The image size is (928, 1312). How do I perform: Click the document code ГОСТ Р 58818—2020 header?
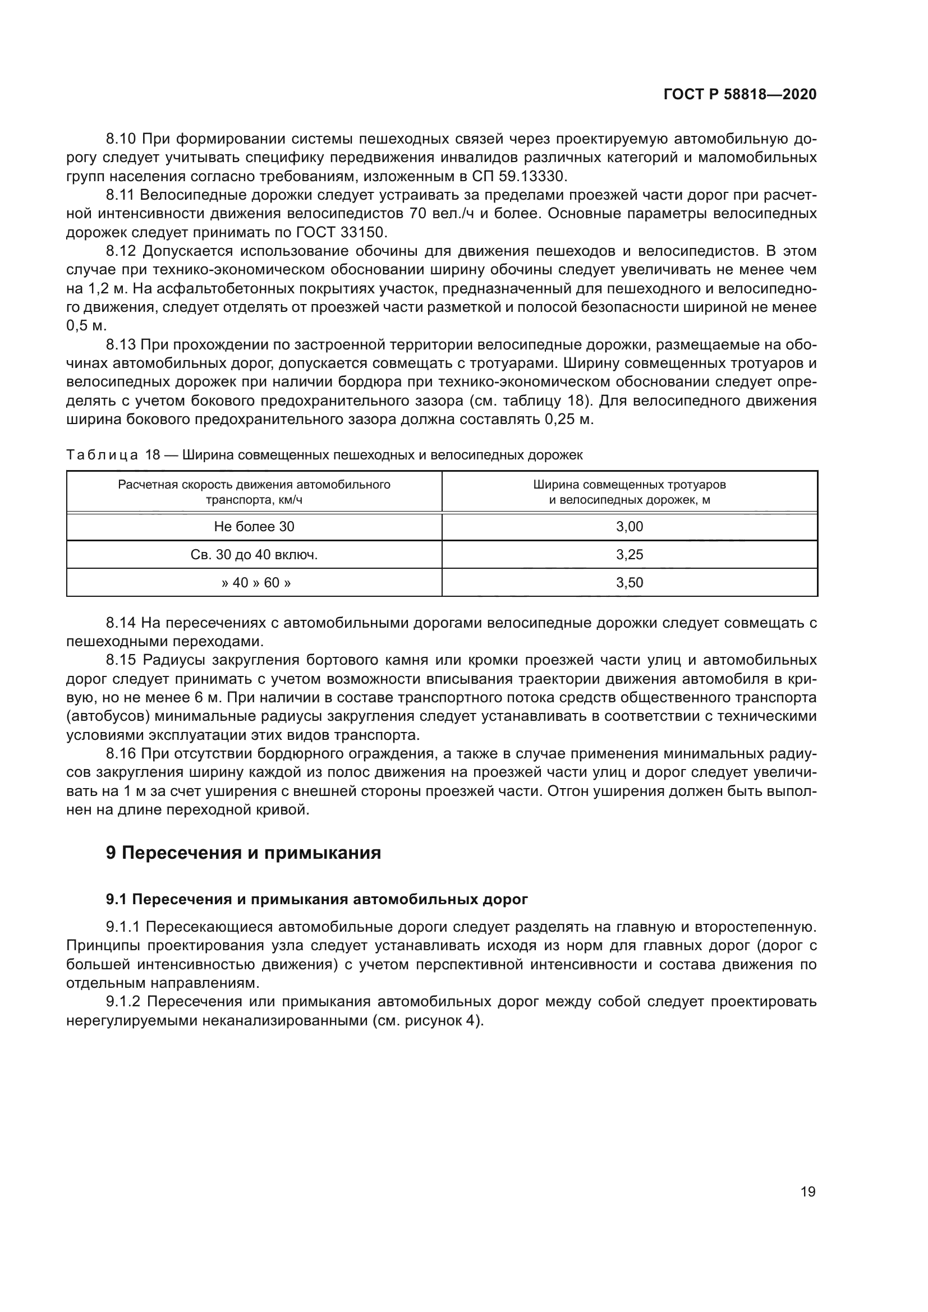(740, 95)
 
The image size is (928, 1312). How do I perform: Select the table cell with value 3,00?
(629, 527)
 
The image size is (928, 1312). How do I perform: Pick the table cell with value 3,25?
(629, 555)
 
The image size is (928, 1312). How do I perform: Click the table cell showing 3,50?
(629, 583)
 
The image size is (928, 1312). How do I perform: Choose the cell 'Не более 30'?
(254, 527)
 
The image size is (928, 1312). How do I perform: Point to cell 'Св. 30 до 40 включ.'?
(254, 555)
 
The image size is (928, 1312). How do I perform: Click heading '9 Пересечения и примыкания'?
(244, 853)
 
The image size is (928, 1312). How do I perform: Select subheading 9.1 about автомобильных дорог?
(317, 899)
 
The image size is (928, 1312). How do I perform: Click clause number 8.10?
(121, 139)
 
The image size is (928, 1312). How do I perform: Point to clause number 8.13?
(121, 345)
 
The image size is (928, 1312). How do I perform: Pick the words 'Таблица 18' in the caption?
(113, 455)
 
